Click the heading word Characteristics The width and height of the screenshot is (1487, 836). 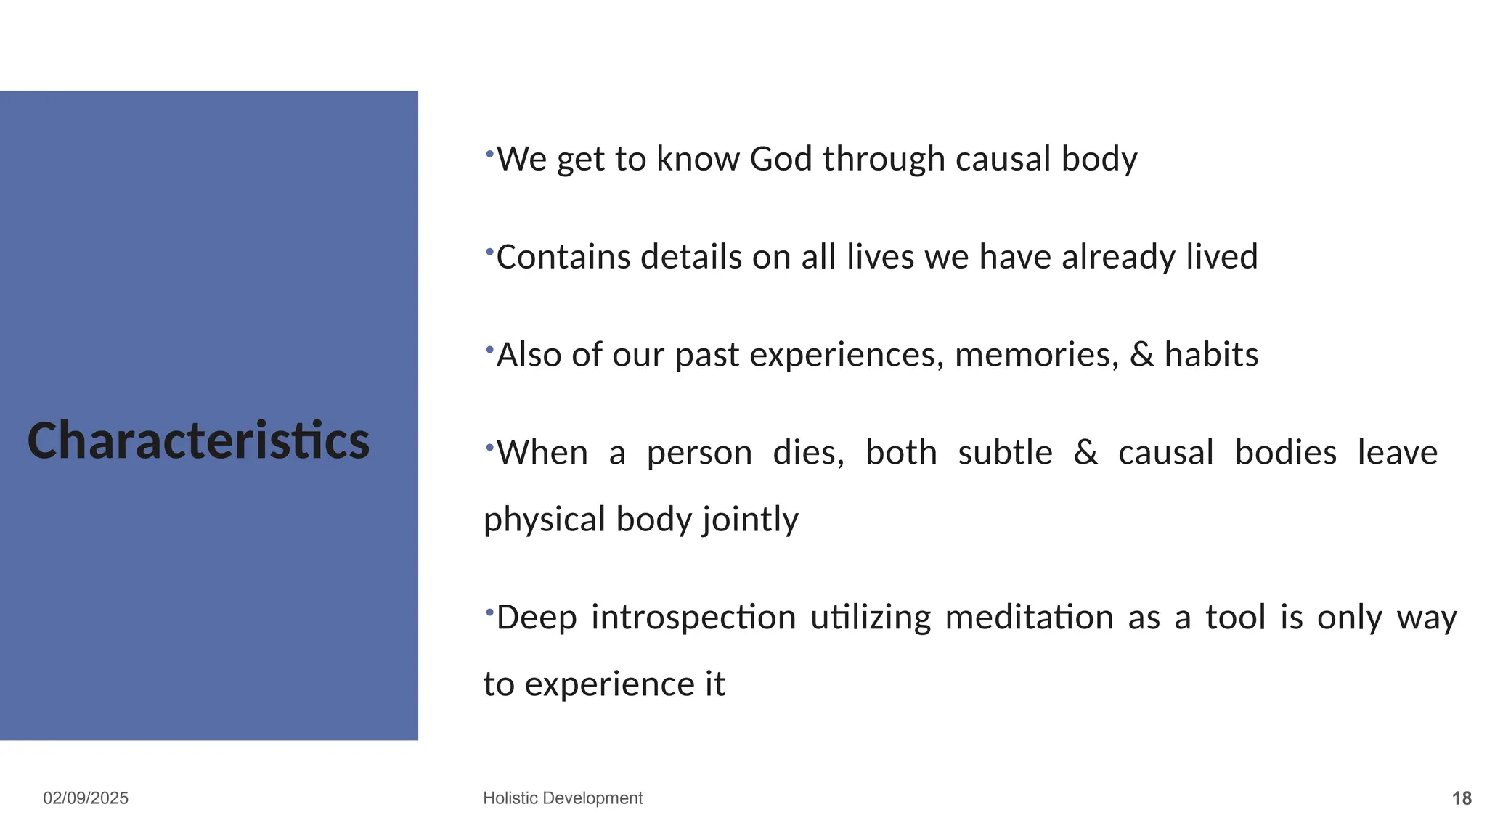pyautogui.click(x=198, y=440)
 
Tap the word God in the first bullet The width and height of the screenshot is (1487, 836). pyautogui.click(x=781, y=159)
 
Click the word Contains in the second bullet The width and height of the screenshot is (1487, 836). pyautogui.click(x=563, y=257)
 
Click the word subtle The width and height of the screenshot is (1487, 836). pyautogui.click(x=1005, y=453)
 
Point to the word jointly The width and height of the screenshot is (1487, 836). pyautogui.click(x=750, y=520)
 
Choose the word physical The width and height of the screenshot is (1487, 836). pyautogui.click(x=545, y=520)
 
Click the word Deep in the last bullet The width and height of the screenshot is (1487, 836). pyautogui.click(x=537, y=618)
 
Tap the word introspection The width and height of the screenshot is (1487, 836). pyautogui.click(x=693, y=618)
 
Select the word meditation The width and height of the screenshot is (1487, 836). pyautogui.click(x=1029, y=618)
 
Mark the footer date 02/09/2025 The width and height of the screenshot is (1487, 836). pyautogui.click(x=86, y=798)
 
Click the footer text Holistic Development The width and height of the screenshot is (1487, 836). pyautogui.click(x=563, y=798)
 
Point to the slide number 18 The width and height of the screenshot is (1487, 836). pyautogui.click(x=1461, y=799)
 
